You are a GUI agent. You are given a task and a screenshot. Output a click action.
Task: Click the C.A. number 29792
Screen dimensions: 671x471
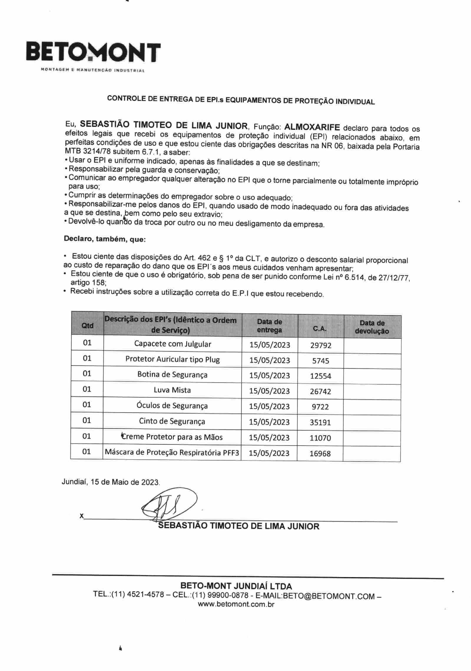[321, 345]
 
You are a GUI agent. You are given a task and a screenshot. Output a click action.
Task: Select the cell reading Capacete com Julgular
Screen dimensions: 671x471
[173, 344]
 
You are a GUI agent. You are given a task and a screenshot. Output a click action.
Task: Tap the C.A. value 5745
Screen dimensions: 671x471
[321, 361]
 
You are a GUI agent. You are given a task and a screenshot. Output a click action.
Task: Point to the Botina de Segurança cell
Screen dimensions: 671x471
[172, 375]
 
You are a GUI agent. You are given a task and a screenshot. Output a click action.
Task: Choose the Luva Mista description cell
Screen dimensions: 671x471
[172, 390]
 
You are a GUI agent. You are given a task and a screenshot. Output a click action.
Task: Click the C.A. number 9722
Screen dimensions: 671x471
[320, 407]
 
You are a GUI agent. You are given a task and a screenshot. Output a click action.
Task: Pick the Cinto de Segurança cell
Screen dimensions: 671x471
[172, 421]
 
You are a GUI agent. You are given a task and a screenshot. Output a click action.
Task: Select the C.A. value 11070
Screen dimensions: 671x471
[320, 438]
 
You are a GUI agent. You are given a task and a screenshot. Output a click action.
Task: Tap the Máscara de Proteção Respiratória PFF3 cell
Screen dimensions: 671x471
[172, 452]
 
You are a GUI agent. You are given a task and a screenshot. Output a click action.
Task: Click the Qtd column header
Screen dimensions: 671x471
[87, 325]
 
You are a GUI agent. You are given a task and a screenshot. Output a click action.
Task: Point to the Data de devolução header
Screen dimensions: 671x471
[372, 327]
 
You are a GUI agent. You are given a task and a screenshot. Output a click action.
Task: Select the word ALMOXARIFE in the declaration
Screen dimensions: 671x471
[312, 127]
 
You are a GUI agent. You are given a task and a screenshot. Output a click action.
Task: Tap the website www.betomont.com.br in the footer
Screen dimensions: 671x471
[236, 604]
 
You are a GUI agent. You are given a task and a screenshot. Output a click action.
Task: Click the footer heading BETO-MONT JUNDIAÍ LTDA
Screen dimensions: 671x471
[236, 586]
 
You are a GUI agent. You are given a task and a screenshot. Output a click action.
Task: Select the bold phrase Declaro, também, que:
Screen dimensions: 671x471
[105, 239]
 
